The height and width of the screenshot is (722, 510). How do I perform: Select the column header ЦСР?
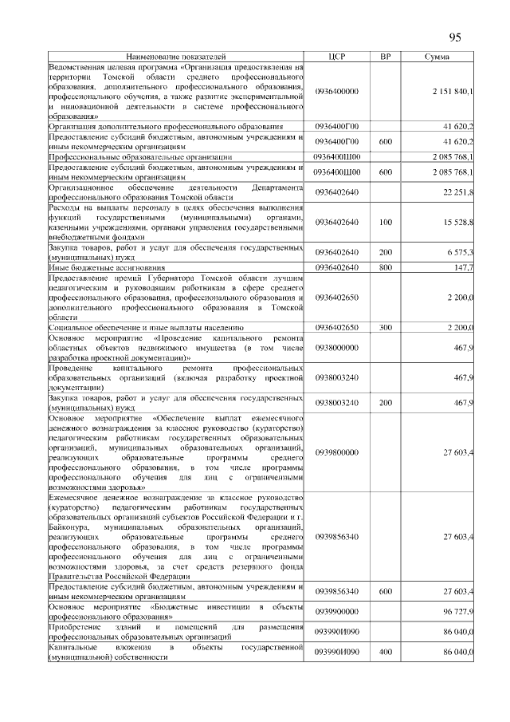pyautogui.click(x=336, y=57)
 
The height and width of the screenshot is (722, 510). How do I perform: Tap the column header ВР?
pyautogui.click(x=385, y=57)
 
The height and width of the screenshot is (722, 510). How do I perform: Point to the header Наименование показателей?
pyautogui.click(x=176, y=57)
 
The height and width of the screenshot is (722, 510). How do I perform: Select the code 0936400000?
pyautogui.click(x=336, y=92)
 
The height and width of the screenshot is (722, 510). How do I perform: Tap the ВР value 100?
pyautogui.click(x=385, y=221)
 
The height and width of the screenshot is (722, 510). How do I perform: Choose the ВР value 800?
pyautogui.click(x=385, y=268)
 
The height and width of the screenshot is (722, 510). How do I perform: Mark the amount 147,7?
pyautogui.click(x=463, y=268)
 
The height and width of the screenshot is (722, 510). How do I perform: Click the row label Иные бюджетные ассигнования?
pyautogui.click(x=106, y=268)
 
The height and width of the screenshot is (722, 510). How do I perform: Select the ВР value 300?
pyautogui.click(x=385, y=327)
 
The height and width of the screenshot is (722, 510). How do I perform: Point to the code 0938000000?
pyautogui.click(x=336, y=348)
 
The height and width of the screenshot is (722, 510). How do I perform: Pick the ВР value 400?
pyautogui.click(x=385, y=653)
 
